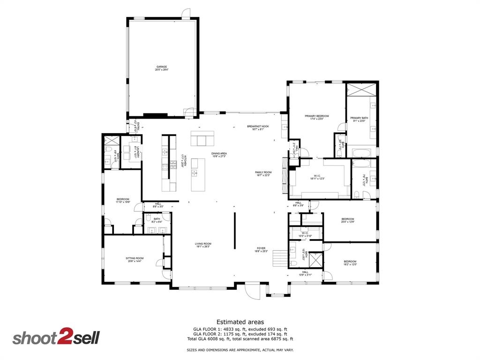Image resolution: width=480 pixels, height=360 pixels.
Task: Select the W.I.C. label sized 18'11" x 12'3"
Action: click(x=317, y=177)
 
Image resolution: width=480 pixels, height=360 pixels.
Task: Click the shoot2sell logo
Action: click(x=56, y=338)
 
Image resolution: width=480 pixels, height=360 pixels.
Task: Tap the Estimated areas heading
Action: click(x=240, y=322)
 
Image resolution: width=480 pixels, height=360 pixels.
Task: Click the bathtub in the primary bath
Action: click(x=361, y=153)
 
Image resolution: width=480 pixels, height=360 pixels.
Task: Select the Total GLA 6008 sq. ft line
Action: click(x=240, y=339)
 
